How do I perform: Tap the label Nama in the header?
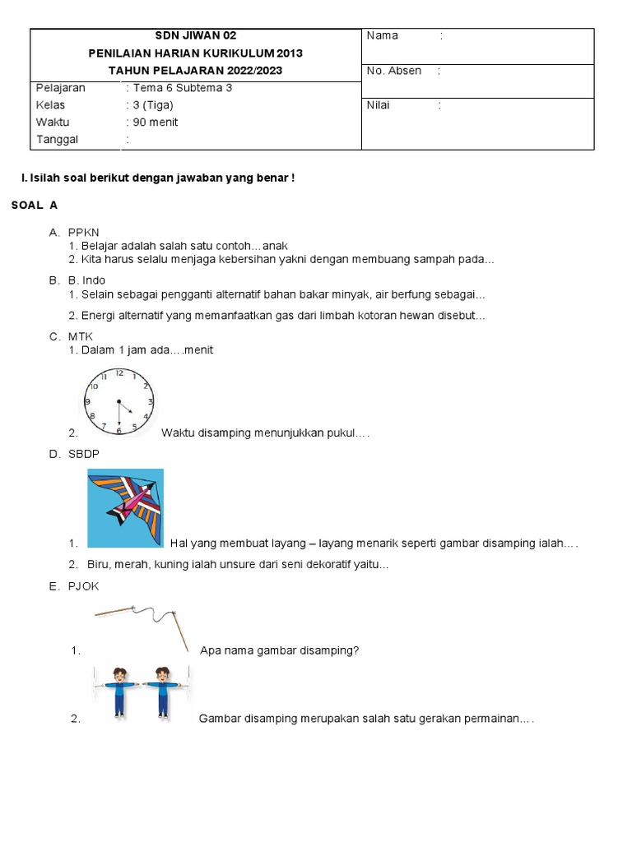(x=382, y=35)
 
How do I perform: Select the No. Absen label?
(x=393, y=71)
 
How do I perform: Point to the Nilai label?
(x=379, y=105)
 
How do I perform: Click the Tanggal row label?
(x=57, y=140)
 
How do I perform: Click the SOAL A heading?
(x=34, y=204)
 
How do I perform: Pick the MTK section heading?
(x=81, y=336)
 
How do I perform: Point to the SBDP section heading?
(x=85, y=454)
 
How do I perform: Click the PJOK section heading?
(x=84, y=586)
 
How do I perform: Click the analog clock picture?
(x=118, y=400)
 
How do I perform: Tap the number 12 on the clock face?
(x=119, y=373)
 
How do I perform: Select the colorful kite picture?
(x=126, y=507)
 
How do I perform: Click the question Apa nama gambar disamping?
(x=280, y=650)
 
